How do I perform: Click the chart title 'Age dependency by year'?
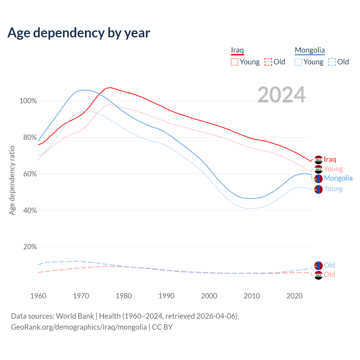click(x=79, y=33)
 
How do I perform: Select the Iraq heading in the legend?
click(x=237, y=50)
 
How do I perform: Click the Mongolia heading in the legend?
click(x=310, y=50)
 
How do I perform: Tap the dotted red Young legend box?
click(x=234, y=62)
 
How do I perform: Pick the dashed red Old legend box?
click(x=268, y=62)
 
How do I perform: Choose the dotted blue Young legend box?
click(x=298, y=62)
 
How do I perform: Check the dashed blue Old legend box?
click(x=332, y=62)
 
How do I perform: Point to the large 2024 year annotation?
click(x=281, y=95)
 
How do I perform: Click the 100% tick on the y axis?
click(x=28, y=101)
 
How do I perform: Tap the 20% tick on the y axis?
click(x=30, y=247)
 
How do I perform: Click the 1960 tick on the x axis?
click(x=38, y=296)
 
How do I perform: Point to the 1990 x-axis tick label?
click(x=166, y=296)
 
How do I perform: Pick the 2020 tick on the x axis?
click(x=294, y=296)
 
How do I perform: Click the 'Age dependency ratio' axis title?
click(x=12, y=180)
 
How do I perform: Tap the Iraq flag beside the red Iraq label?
click(x=318, y=159)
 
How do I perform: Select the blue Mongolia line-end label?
click(x=338, y=178)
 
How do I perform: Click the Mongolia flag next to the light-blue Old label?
click(x=318, y=265)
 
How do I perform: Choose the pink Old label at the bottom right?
click(x=329, y=275)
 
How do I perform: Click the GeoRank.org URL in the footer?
click(x=79, y=327)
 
